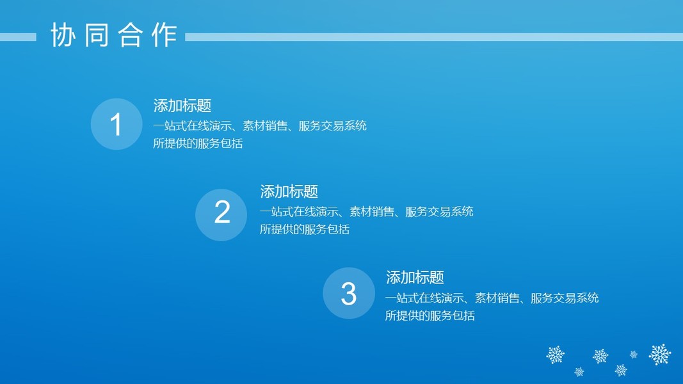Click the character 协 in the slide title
pos(63,35)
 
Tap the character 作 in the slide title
pos(165,35)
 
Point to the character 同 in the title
pos(97,35)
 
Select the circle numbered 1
pos(117,124)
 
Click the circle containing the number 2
pos(221,214)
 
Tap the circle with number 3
pos(348,293)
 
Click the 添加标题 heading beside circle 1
pos(182,106)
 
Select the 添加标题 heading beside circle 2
pos(289,191)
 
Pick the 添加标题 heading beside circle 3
pos(415,277)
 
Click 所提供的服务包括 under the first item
pos(198,143)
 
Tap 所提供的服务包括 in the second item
pos(305,229)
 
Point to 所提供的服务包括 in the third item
pos(430,316)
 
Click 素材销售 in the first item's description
pos(265,126)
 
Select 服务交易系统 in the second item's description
pos(439,212)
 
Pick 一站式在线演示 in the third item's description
pos(419,298)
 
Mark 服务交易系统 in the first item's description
pos(332,126)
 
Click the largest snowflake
pos(660,355)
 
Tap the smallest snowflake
pos(634,355)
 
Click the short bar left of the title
pos(18,38)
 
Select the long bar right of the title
pos(434,38)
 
